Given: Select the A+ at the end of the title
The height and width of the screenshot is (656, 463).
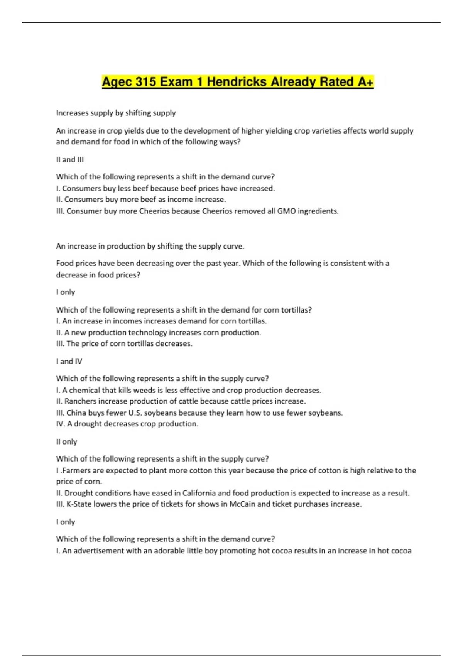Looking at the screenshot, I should click(x=365, y=82).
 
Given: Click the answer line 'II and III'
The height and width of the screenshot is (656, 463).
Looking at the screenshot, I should click(x=70, y=159).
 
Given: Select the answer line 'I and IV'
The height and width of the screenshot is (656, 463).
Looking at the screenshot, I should click(x=69, y=361).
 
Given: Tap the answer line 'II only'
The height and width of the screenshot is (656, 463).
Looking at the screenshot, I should click(x=66, y=441).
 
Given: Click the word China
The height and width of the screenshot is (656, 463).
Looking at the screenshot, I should click(x=76, y=413).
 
